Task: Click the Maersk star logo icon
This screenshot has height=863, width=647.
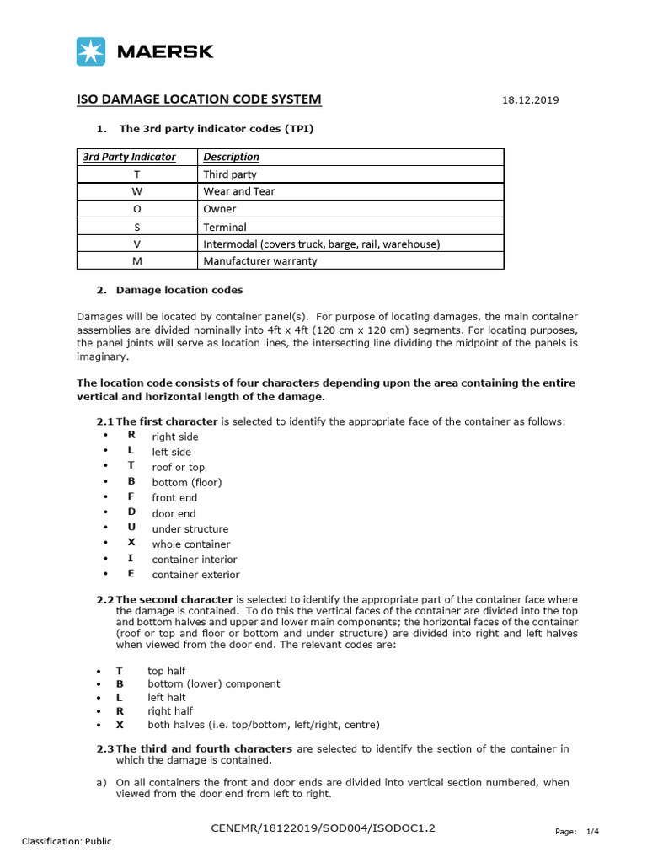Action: tap(91, 51)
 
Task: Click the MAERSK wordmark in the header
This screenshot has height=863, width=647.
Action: tap(165, 51)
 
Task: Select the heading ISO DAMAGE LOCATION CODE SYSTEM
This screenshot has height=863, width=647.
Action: tap(199, 99)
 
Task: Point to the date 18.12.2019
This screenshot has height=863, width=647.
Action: tap(530, 100)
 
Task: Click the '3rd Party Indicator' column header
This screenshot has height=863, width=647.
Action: tap(129, 157)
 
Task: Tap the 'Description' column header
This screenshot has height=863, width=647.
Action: tap(231, 157)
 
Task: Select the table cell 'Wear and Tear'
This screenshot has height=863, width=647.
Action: tap(238, 191)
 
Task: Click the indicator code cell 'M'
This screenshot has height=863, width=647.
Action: tap(137, 261)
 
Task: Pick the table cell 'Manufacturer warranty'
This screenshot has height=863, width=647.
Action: tap(259, 261)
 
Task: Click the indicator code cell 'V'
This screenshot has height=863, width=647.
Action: tap(137, 244)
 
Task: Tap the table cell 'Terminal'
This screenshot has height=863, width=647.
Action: tap(225, 227)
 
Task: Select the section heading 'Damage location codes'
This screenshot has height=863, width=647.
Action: tap(179, 290)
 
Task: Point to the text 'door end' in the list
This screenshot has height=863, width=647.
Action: tap(174, 513)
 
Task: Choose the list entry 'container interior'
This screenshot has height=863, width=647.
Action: tap(194, 560)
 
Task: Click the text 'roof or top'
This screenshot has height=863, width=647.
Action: tap(178, 467)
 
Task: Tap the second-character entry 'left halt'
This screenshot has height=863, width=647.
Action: tap(167, 698)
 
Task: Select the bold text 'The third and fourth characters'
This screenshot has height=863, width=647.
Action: tap(204, 748)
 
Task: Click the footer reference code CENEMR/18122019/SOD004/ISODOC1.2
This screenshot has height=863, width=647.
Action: tap(323, 829)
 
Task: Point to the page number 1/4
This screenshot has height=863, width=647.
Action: tap(592, 831)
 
